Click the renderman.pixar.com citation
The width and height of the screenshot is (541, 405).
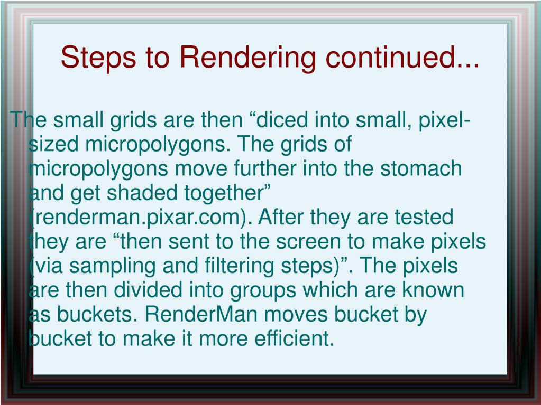tap(136, 218)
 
